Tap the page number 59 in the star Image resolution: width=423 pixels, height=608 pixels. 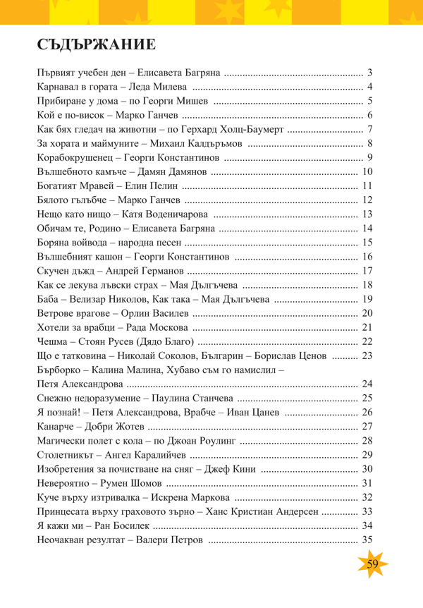point(372,563)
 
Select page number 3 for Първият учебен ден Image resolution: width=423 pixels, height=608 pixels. point(369,73)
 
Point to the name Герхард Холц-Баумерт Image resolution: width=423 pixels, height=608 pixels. point(233,129)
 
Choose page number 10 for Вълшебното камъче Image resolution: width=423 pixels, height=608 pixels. point(367,171)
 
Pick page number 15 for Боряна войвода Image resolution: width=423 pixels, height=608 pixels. point(367,243)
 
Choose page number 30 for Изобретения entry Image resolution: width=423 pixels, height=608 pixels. point(367,469)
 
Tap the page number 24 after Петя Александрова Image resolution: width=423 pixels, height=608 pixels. point(367,384)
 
